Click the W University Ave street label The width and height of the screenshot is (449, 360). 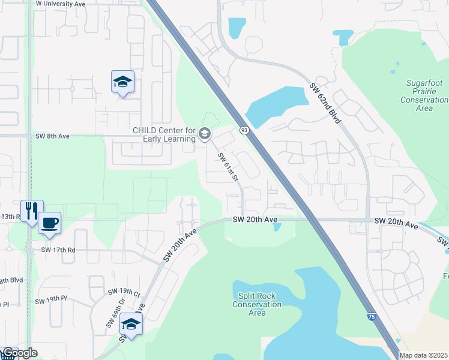coord(61,4)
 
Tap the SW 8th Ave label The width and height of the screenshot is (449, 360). coord(52,136)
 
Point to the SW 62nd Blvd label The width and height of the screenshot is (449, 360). coord(325,103)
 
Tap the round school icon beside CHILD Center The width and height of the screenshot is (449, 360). coord(205,133)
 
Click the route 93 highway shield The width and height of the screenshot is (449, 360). coord(244,130)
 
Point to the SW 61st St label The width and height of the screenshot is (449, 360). coord(228,167)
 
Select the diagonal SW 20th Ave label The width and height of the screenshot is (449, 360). coord(180,245)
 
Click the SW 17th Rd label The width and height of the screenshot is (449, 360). coord(58,250)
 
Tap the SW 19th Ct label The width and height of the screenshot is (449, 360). coord(124,292)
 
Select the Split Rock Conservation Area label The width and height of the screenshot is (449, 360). coord(257,304)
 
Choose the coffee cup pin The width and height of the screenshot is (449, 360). coord(50,223)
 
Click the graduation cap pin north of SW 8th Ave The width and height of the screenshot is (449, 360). coord(122,82)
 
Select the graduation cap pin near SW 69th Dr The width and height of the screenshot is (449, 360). coord(130,324)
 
